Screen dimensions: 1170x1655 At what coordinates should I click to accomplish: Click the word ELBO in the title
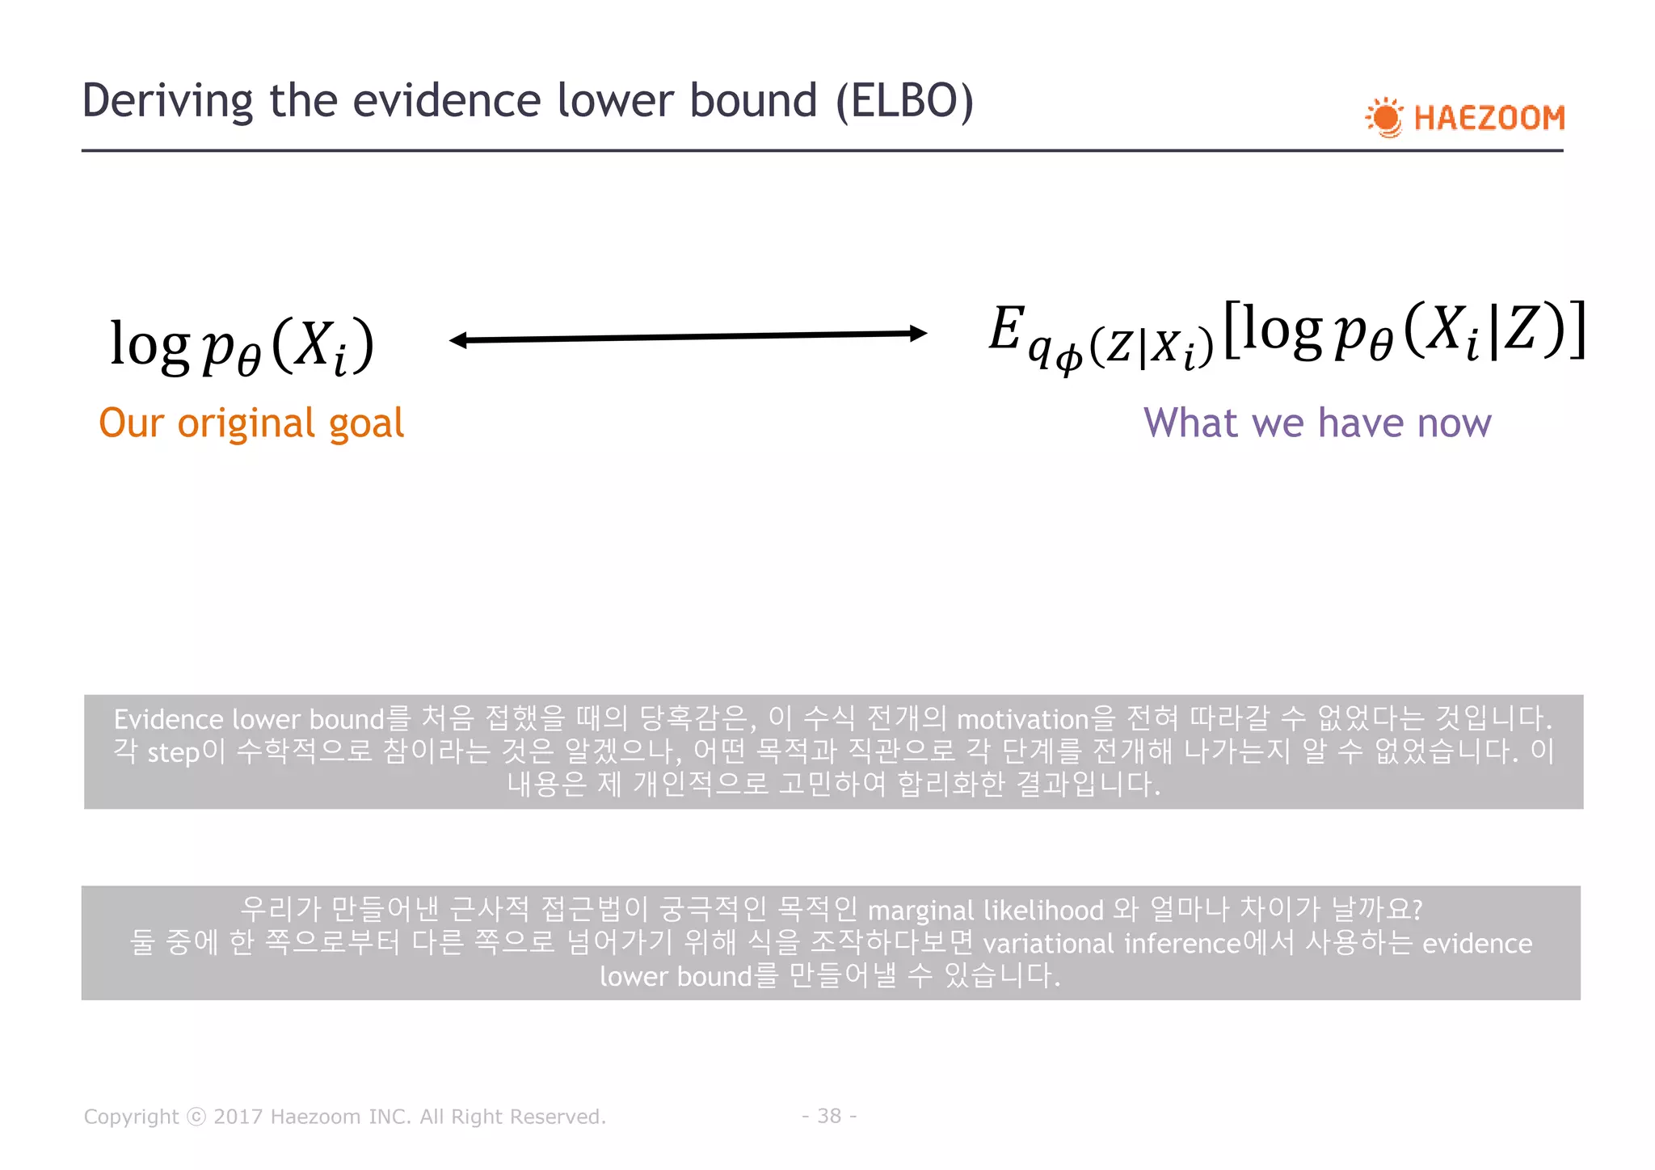pyautogui.click(x=904, y=101)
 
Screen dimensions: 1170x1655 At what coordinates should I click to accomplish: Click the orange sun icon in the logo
pyautogui.click(x=1386, y=118)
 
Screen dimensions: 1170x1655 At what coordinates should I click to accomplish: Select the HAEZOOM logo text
pyautogui.click(x=1489, y=118)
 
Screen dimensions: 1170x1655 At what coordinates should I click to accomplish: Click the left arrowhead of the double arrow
pyautogui.click(x=459, y=340)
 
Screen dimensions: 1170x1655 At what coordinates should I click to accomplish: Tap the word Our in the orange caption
pyautogui.click(x=131, y=423)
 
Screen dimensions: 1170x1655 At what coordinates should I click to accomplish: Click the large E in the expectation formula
pyautogui.click(x=1007, y=328)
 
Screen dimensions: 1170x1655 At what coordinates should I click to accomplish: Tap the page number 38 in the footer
pyautogui.click(x=829, y=1116)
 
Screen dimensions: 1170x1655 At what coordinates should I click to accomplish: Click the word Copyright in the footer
pyautogui.click(x=131, y=1117)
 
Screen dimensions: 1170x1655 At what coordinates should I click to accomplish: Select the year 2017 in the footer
pyautogui.click(x=238, y=1117)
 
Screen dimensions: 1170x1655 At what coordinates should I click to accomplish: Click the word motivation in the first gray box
pyautogui.click(x=1023, y=719)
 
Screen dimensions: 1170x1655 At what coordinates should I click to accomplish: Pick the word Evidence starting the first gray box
pyautogui.click(x=168, y=719)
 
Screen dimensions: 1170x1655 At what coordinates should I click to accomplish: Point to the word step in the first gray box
pyautogui.click(x=173, y=753)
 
